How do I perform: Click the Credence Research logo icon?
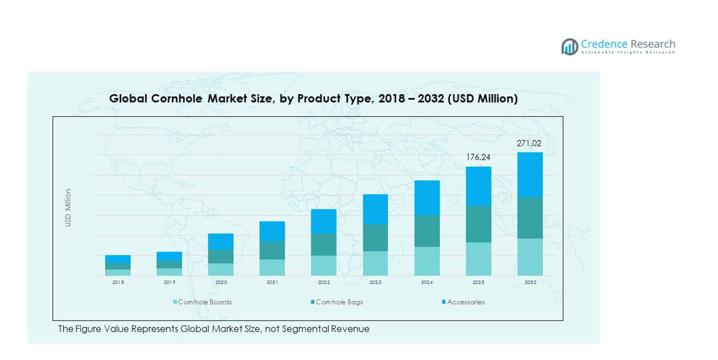click(569, 46)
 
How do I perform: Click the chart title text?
click(313, 99)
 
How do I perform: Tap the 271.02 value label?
click(529, 143)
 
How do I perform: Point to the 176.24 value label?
click(478, 157)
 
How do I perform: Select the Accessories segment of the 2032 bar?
click(530, 174)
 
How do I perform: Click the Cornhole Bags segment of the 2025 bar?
click(478, 224)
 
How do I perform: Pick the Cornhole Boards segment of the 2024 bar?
click(427, 261)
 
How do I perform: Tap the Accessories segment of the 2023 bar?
click(376, 209)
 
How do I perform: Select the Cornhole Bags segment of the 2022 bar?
click(324, 245)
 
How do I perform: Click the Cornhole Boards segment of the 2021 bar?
click(272, 267)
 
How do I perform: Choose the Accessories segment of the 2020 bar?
click(221, 241)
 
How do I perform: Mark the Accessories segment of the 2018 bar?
click(118, 259)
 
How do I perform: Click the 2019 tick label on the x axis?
click(169, 283)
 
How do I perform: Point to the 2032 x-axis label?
click(530, 283)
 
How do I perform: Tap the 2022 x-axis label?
click(324, 283)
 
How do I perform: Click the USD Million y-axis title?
click(68, 208)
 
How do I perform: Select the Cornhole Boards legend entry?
click(202, 302)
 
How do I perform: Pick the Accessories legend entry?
click(463, 302)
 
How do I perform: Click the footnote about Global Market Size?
click(213, 329)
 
